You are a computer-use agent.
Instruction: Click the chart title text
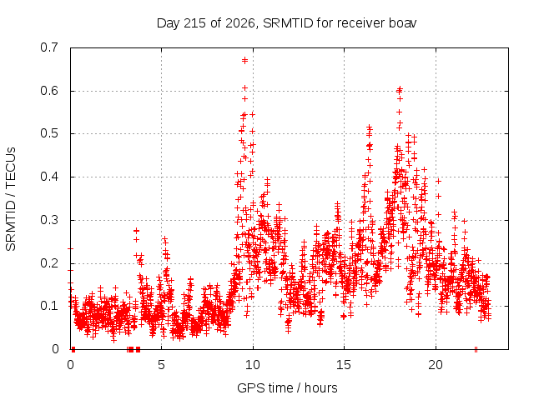(x=286, y=23)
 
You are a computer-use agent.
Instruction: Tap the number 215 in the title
(x=194, y=23)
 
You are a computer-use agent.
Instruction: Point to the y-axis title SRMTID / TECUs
(x=11, y=199)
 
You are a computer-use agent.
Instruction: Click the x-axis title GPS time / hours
(x=287, y=387)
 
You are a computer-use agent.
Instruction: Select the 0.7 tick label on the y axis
(x=49, y=47)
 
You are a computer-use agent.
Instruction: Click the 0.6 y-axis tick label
(x=49, y=91)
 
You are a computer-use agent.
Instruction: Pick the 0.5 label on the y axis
(x=49, y=133)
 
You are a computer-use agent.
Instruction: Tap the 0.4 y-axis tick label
(x=49, y=177)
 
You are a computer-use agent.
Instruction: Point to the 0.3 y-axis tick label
(x=49, y=220)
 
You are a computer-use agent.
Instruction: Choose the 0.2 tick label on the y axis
(x=49, y=263)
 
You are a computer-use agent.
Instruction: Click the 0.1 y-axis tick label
(x=49, y=306)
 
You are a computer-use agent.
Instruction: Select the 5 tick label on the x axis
(x=161, y=365)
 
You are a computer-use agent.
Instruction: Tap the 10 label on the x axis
(x=252, y=365)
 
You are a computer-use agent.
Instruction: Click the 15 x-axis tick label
(x=344, y=365)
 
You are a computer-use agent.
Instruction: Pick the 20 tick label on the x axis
(x=436, y=365)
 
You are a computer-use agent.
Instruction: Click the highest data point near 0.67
(x=244, y=61)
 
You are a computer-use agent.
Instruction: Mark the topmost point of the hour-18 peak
(x=400, y=89)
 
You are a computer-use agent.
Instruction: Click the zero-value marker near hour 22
(x=476, y=349)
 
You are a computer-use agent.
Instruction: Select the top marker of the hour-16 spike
(x=369, y=127)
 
